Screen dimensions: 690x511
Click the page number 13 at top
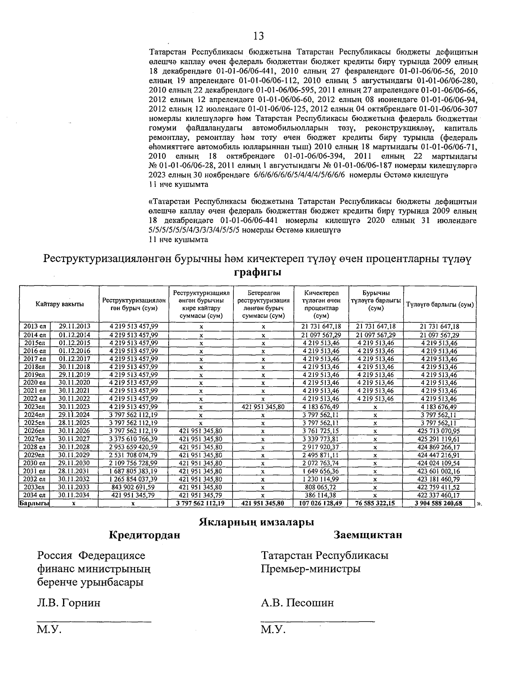(258, 35)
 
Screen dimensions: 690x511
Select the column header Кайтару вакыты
(60, 304)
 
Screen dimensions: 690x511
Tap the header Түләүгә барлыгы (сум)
(440, 305)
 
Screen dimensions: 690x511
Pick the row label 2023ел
(34, 407)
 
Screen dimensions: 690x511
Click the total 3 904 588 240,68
(439, 503)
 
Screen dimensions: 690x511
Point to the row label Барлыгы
(34, 503)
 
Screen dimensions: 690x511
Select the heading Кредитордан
(144, 535)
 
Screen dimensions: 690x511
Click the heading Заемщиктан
(368, 535)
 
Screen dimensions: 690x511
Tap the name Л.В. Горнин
(69, 603)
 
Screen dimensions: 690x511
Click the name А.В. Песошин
(297, 603)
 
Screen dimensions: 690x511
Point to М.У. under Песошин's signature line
(273, 630)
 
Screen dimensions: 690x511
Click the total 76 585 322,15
(376, 503)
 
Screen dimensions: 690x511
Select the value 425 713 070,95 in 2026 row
(439, 431)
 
